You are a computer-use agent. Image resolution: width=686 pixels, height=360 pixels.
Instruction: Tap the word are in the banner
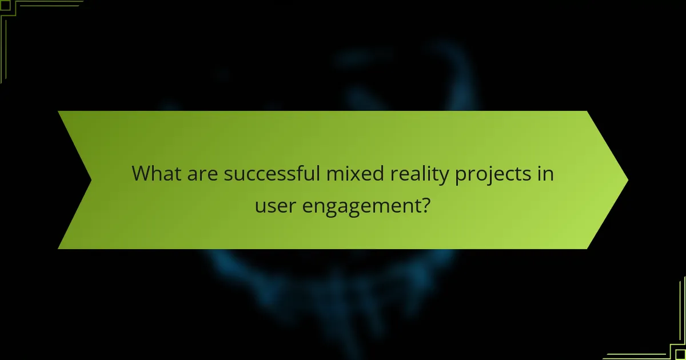point(201,174)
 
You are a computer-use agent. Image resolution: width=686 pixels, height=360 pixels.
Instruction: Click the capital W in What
point(142,173)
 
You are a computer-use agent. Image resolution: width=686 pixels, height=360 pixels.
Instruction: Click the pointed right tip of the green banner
point(627,180)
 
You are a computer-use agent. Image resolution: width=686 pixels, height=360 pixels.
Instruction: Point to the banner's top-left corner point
point(58,111)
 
